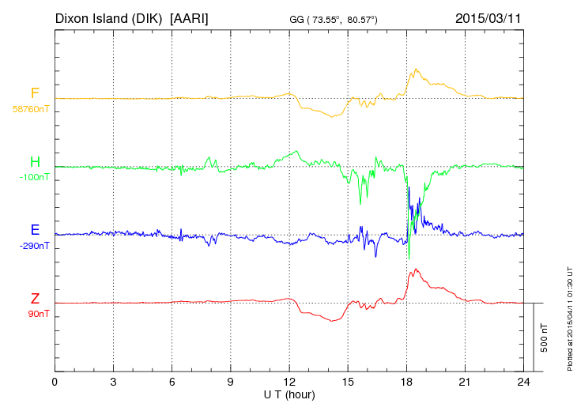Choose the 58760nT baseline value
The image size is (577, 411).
tap(31, 109)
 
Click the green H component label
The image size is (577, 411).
tap(35, 163)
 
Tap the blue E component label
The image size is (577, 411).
tap(35, 231)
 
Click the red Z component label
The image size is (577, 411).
tap(35, 299)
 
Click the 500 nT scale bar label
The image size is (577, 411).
tap(545, 337)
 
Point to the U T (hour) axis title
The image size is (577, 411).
tap(289, 394)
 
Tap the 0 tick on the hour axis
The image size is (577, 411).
tap(55, 382)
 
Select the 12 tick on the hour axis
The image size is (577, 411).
tap(289, 382)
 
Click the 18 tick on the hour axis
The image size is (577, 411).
tap(407, 382)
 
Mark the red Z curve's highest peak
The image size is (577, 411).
tap(415, 270)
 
